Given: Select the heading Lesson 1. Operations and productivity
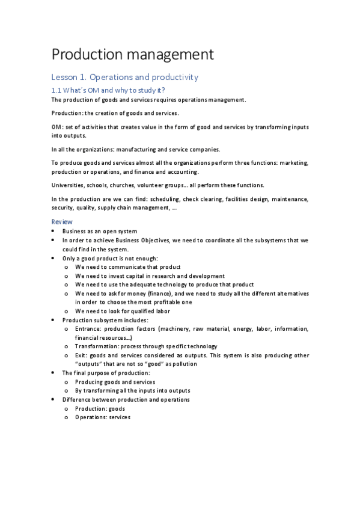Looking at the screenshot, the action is (x=124, y=78).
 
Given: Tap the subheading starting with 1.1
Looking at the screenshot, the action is (x=108, y=90).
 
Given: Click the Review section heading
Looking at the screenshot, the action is (x=61, y=222).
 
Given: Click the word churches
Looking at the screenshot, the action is (x=122, y=185).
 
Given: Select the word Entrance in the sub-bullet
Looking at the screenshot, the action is (x=88, y=329).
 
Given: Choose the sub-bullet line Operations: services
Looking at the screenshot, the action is (x=102, y=417).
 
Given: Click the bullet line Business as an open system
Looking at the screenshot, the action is (x=100, y=232).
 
